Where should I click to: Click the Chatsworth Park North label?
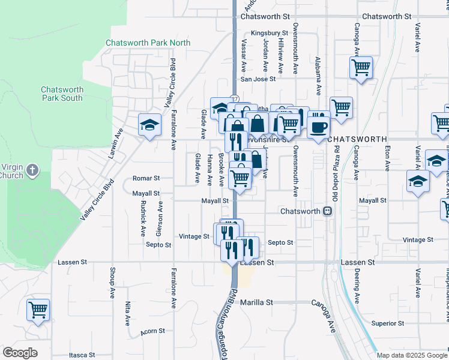[148, 43]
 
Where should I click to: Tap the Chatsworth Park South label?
[62, 94]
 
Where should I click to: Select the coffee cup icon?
[318, 127]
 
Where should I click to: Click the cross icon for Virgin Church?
[32, 170]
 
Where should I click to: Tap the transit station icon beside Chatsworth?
[328, 211]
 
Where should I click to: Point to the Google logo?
[20, 353]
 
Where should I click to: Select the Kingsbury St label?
[270, 33]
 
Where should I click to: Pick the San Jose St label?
[258, 79]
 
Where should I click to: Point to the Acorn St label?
[152, 331]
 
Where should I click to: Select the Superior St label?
[387, 323]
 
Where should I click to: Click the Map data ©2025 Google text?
[411, 355]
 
